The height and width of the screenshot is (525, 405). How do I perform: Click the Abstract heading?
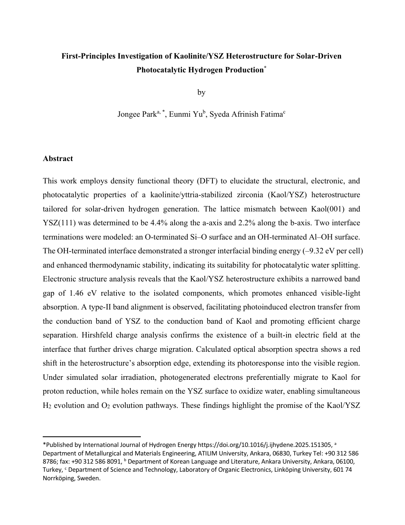pos(58,159)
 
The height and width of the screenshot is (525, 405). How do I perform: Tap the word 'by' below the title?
pos(201,92)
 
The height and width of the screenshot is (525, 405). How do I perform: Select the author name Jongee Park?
pos(137,114)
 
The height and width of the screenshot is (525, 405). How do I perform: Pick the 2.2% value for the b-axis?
pos(254,223)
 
